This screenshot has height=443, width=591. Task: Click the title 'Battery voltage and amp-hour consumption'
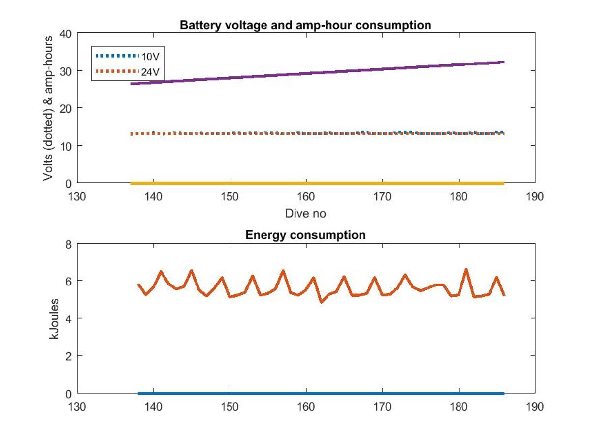[305, 25]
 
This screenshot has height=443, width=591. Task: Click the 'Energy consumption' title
[305, 235]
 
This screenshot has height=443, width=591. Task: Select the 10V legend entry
[150, 56]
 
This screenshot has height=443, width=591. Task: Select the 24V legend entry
[150, 72]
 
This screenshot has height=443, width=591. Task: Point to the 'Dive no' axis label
[305, 214]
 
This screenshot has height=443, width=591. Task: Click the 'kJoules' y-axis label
[54, 318]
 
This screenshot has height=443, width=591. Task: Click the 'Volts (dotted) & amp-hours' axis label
[48, 108]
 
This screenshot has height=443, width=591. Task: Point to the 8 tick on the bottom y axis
[68, 244]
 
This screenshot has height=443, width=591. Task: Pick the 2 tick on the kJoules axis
[68, 356]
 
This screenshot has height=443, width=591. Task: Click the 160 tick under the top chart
[306, 197]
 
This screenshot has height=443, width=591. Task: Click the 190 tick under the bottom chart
[535, 407]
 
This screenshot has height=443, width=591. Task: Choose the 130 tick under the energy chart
[78, 407]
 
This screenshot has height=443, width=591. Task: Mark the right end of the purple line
[504, 62]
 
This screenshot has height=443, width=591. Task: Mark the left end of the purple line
[131, 84]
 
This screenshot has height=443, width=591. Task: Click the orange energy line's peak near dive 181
[466, 269]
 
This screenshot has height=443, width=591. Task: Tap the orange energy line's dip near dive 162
[322, 302]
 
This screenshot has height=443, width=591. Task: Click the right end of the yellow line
[504, 183]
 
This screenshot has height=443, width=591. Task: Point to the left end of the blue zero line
[138, 393]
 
